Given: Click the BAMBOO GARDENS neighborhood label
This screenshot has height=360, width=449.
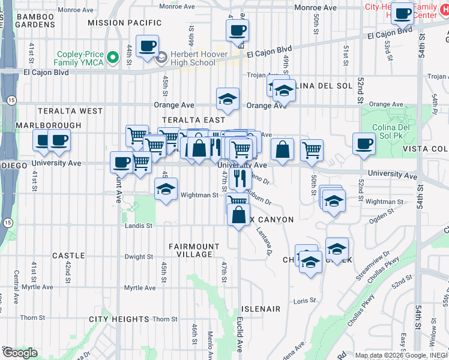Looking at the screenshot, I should tap(35, 20).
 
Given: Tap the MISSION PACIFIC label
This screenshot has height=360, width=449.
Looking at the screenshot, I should tap(124, 23).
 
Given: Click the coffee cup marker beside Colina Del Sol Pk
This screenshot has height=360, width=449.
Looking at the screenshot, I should tap(364, 143).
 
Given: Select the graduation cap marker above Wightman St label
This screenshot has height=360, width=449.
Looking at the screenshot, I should tap(166, 189).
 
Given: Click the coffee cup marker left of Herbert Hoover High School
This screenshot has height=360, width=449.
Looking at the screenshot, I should tap(147, 45).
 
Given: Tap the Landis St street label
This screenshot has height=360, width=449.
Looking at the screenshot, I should tap(138, 226).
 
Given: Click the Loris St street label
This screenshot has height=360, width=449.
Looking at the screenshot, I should tap(305, 300).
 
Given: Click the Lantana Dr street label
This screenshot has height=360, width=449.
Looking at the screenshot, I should tap(265, 243).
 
